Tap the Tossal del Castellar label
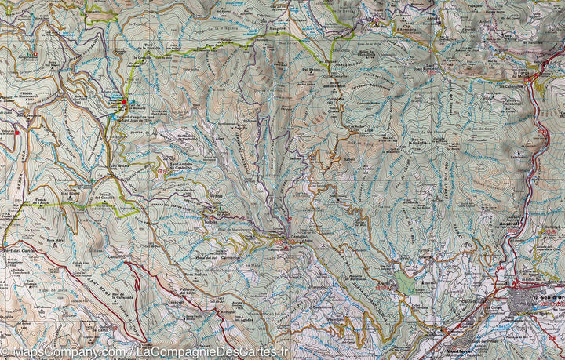[115, 195]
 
